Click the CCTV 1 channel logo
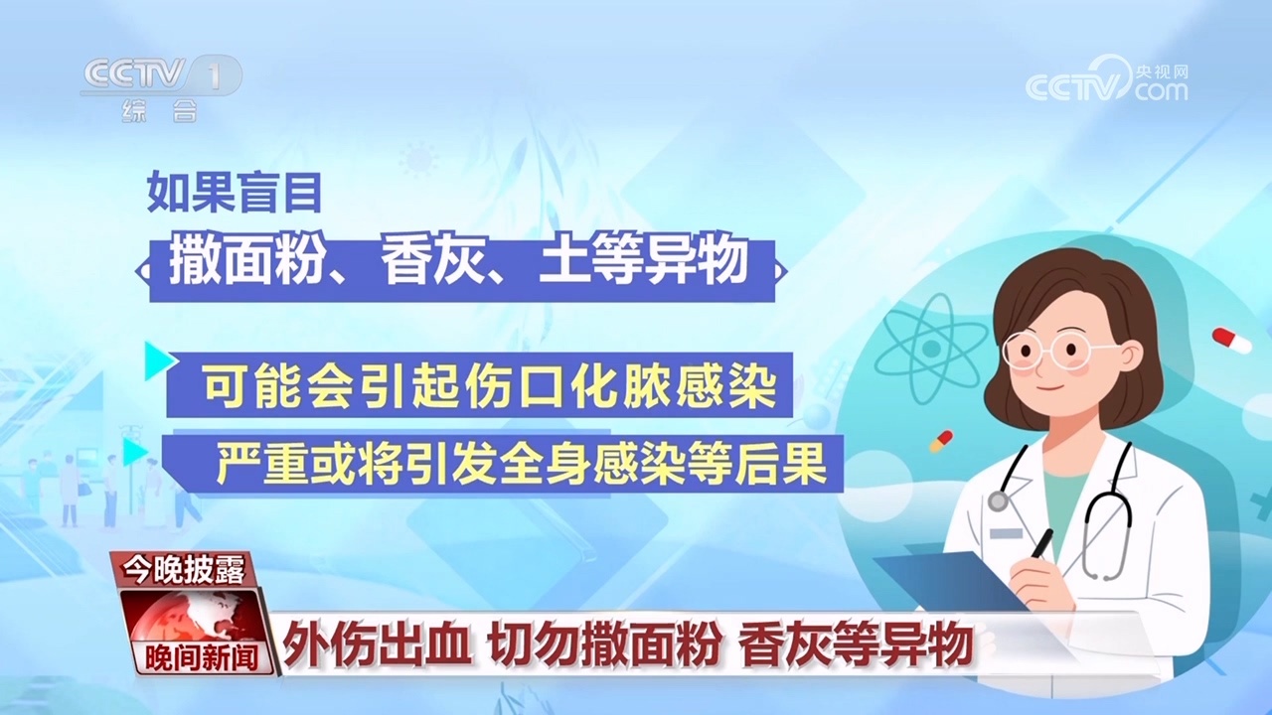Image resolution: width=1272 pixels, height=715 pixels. tap(159, 76)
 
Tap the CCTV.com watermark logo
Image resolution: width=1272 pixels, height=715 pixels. tap(1106, 79)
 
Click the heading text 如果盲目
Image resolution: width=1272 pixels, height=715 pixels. tap(235, 192)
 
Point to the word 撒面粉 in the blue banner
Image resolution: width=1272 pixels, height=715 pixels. tap(233, 263)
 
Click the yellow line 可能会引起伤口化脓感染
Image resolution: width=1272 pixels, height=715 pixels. tap(488, 385)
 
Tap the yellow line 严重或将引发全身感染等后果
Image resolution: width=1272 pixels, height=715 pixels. tap(522, 465)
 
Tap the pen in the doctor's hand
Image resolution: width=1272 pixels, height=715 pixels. tap(1039, 544)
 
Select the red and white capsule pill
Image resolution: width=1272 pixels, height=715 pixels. tap(1231, 341)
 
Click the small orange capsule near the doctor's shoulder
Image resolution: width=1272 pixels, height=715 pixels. tap(940, 440)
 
